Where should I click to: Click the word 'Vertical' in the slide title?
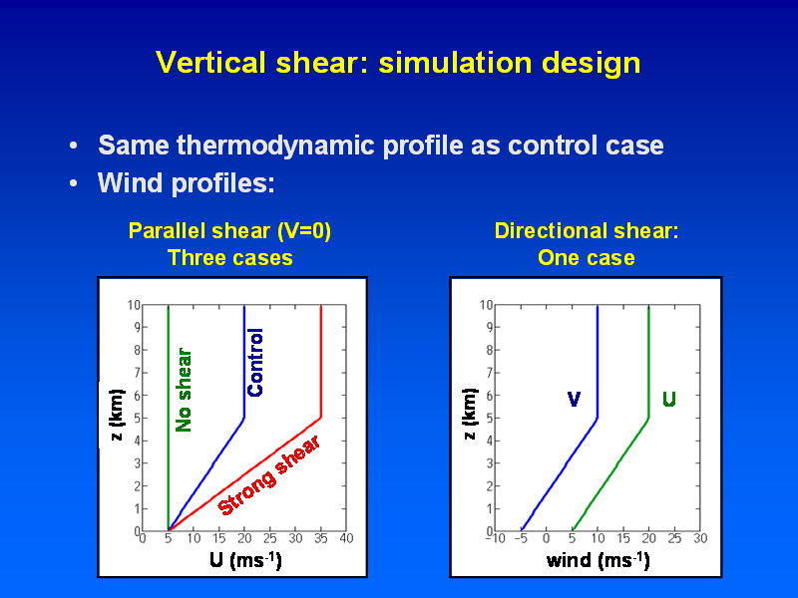(210, 63)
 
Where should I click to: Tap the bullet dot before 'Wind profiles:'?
(73, 183)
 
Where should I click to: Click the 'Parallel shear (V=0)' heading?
(229, 231)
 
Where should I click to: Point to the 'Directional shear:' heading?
(587, 231)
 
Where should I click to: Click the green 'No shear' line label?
(184, 390)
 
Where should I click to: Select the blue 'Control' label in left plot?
(255, 362)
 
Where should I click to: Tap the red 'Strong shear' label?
(268, 475)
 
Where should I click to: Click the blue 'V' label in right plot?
(574, 400)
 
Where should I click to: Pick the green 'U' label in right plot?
(669, 400)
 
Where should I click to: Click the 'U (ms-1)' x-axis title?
(245, 560)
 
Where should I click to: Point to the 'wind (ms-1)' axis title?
(598, 560)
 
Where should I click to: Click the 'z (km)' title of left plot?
(117, 415)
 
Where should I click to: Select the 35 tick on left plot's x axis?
(320, 538)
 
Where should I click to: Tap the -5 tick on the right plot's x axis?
(520, 538)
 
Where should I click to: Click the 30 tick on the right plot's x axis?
(700, 538)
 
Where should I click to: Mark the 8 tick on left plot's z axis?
(137, 350)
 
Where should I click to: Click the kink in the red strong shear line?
(321, 418)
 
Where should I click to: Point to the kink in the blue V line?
(597, 418)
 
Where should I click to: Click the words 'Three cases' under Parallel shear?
(230, 258)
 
